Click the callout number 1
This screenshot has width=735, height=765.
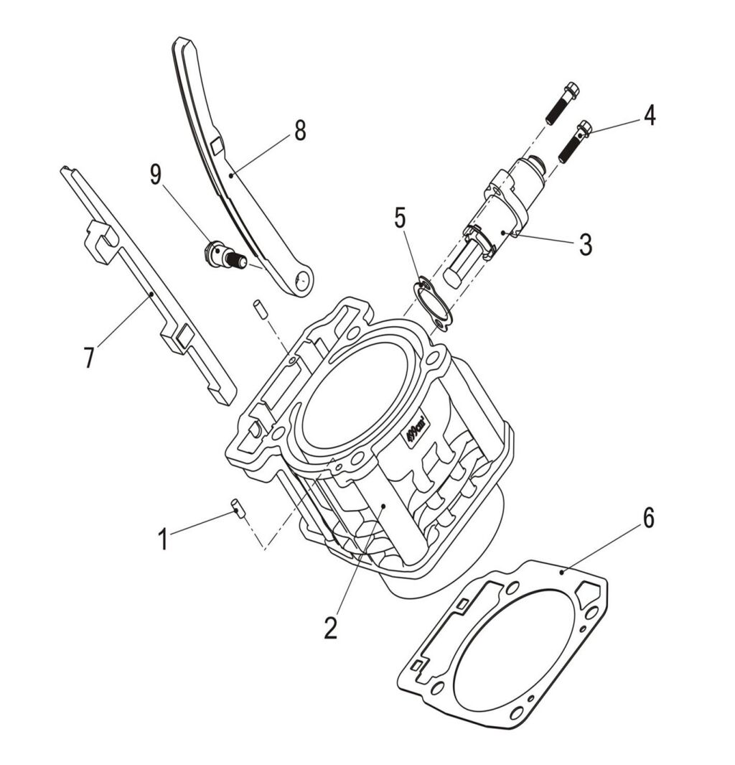(163, 538)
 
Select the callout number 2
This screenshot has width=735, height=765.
(330, 627)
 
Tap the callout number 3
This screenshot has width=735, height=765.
(586, 244)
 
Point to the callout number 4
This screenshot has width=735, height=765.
(648, 116)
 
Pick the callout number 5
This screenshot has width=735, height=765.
(401, 217)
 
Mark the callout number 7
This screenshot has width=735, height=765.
(89, 356)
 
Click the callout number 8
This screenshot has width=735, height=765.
(299, 130)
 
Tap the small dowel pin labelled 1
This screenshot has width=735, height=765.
(238, 507)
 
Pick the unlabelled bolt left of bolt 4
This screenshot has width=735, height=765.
(561, 103)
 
